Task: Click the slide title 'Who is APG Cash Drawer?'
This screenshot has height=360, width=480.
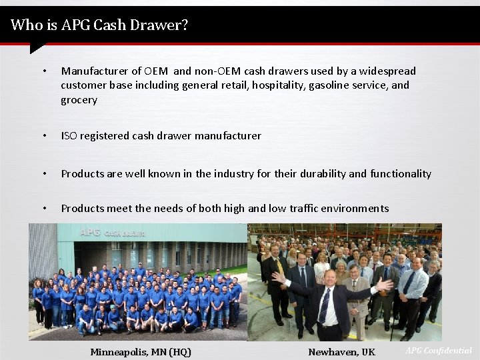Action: (99, 25)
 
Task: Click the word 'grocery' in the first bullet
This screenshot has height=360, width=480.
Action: (79, 100)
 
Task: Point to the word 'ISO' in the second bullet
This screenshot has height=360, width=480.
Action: (69, 136)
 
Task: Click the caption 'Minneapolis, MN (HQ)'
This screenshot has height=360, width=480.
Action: (141, 352)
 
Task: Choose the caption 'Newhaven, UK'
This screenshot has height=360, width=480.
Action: (341, 352)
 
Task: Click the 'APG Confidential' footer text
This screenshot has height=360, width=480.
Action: (438, 351)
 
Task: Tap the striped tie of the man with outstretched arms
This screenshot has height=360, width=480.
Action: (325, 305)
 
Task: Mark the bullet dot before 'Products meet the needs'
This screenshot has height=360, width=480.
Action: (43, 209)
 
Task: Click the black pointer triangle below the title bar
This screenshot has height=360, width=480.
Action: (37, 49)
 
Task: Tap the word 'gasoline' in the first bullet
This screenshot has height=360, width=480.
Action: (331, 85)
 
